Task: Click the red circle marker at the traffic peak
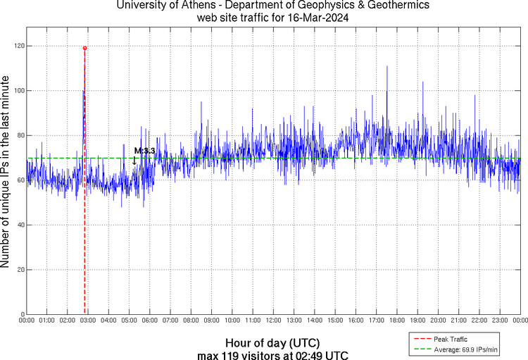click(84, 48)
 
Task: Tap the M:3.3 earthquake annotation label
click(144, 151)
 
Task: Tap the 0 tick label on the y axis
click(22, 314)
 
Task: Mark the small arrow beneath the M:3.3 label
click(134, 161)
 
